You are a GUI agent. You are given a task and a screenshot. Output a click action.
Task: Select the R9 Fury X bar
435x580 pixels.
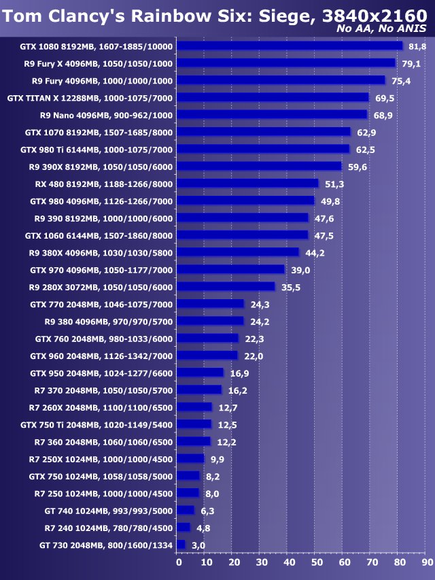pos(286,63)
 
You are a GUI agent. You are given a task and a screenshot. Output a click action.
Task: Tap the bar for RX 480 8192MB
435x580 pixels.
pos(248,184)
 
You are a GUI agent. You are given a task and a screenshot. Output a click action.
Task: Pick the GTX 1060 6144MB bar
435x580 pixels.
pos(243,235)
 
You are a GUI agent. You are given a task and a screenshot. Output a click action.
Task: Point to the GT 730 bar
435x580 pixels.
pos(181,545)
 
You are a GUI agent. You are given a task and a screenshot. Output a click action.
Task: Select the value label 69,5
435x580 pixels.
pos(384,98)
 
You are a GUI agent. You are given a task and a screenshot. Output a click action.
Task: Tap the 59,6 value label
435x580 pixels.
pos(357,167)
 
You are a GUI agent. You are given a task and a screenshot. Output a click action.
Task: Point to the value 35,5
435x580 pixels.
pos(290,287)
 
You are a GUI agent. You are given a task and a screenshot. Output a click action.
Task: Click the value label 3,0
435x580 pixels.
pos(197,545)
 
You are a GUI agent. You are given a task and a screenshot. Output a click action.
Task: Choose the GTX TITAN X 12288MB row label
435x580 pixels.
pos(90,98)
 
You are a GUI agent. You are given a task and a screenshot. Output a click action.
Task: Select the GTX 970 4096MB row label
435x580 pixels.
pos(101,270)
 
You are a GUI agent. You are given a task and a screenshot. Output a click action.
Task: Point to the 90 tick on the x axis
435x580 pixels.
pos(427,562)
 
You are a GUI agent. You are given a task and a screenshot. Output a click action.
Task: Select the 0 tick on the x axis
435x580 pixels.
pos(179,562)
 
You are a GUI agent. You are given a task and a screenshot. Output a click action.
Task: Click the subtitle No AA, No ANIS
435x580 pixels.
pos(381,29)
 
